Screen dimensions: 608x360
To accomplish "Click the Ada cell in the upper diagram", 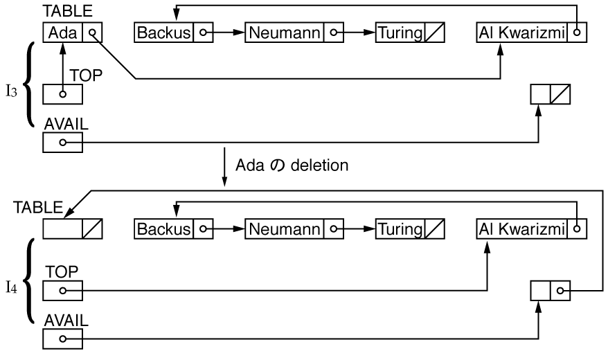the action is [62, 33].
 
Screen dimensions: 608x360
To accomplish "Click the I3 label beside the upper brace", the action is [12, 91].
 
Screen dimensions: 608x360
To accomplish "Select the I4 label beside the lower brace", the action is [12, 288].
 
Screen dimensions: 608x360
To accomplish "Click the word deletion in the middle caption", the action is [319, 165].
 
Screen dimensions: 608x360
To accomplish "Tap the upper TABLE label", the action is [67, 11].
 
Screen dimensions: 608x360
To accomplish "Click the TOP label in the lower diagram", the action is [62, 271].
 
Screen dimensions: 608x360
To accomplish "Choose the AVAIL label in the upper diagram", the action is [66, 124].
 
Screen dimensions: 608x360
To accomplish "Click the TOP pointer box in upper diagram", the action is [62, 94].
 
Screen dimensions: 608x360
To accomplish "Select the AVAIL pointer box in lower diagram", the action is [62, 339].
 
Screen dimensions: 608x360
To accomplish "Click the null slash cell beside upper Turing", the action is [435, 33].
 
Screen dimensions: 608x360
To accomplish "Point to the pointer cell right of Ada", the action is [92, 33].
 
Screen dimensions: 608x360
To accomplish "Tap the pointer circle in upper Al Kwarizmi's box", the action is [577, 33].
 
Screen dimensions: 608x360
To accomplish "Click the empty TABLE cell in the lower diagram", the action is [62, 229].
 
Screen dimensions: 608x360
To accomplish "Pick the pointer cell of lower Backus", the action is [203, 229].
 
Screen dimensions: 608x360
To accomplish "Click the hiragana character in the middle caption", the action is [277, 165].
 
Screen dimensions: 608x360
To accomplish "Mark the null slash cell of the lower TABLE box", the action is [92, 229].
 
